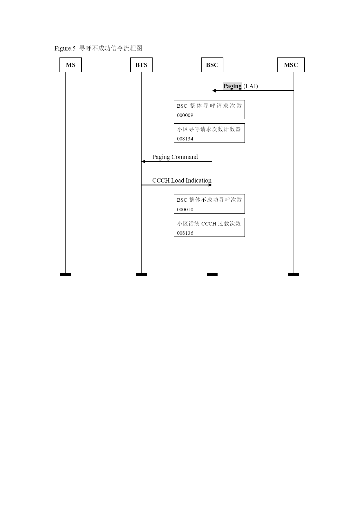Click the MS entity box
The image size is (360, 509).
pyautogui.click(x=70, y=65)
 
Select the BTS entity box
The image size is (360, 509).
pyautogui.click(x=141, y=65)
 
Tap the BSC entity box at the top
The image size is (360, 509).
pyautogui.click(x=212, y=65)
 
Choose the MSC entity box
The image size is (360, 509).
pyautogui.click(x=291, y=65)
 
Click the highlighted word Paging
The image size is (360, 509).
pyautogui.click(x=232, y=86)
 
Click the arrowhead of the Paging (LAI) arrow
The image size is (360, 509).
pyautogui.click(x=214, y=91)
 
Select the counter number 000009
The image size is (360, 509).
pyautogui.click(x=185, y=115)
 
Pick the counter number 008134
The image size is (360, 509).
pyautogui.click(x=185, y=139)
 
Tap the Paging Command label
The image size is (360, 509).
pyautogui.click(x=175, y=157)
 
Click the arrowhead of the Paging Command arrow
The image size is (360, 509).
pyautogui.click(x=143, y=161)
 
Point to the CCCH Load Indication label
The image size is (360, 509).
pyautogui.click(x=182, y=181)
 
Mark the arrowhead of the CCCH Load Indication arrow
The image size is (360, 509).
pyautogui.click(x=210, y=185)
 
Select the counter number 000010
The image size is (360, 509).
pyautogui.click(x=185, y=210)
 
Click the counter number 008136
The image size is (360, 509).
pyautogui.click(x=185, y=233)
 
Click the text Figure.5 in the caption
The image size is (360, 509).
pyautogui.click(x=65, y=48)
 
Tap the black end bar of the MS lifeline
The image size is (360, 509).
pyautogui.click(x=65, y=275)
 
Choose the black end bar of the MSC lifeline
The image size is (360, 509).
pyautogui.click(x=294, y=275)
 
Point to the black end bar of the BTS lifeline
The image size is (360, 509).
pyautogui.click(x=141, y=275)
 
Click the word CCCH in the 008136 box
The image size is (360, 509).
pyautogui.click(x=209, y=224)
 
